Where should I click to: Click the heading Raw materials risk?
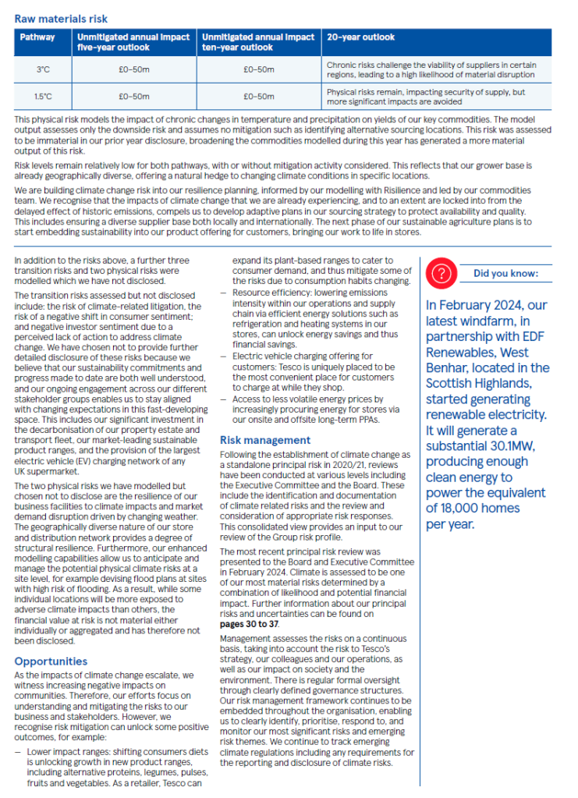click(61, 18)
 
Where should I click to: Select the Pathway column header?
click(38, 37)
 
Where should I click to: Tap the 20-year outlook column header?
click(361, 37)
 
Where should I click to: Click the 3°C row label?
click(44, 69)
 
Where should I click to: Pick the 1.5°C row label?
click(44, 97)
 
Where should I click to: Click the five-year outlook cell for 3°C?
click(134, 69)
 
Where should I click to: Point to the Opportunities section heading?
click(50, 661)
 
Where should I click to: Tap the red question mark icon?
click(442, 273)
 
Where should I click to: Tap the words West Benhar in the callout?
click(504, 352)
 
